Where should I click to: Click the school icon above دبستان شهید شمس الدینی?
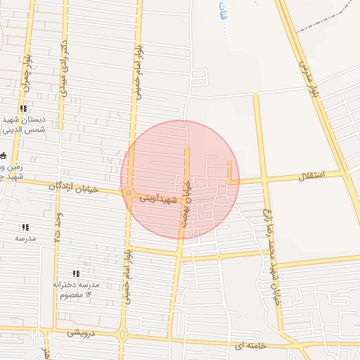coord(24,108)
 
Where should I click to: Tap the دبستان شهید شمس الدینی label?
coord(25,124)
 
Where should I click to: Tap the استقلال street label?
coord(310,176)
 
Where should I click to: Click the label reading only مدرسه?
coord(25,238)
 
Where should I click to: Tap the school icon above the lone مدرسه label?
coord(25,227)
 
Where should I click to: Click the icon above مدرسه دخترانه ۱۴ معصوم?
coord(76,274)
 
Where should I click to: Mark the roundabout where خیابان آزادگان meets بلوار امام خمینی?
coord(129,193)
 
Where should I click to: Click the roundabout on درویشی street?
coord(123,335)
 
